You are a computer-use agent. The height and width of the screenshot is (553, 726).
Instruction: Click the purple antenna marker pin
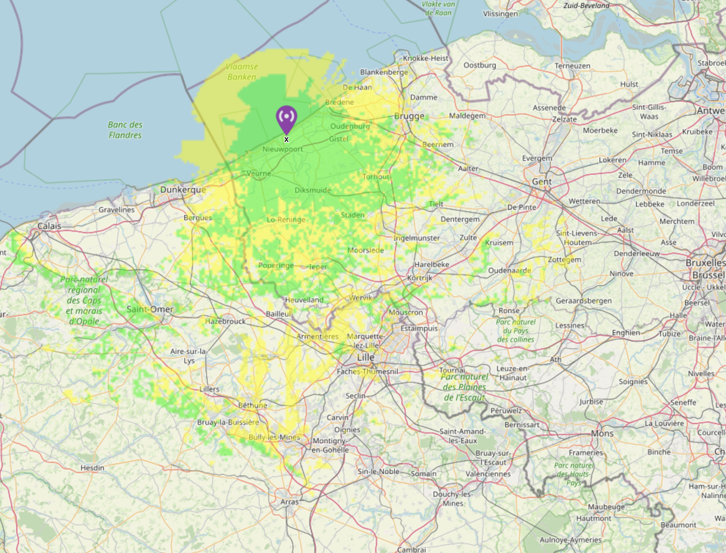point(286,118)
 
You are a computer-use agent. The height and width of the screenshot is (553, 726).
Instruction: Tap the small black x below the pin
point(286,139)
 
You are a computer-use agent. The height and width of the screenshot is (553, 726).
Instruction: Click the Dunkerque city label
point(183,189)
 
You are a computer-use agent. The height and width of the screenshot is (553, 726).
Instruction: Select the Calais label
point(49,226)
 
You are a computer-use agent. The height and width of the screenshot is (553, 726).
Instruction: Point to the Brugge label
point(409,116)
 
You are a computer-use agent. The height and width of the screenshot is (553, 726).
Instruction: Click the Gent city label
point(542,181)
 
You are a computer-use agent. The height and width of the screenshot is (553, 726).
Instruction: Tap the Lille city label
point(366,357)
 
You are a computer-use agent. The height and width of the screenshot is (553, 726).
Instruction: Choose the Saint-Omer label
point(150,309)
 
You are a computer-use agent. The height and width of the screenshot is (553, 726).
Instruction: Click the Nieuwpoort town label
point(283,149)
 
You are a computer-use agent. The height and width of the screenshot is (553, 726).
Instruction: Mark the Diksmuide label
point(313,190)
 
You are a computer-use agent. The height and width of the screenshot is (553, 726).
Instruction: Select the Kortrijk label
point(420,278)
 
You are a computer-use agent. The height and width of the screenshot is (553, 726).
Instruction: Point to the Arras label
point(290,502)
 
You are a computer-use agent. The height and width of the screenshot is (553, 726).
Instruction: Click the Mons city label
point(602,433)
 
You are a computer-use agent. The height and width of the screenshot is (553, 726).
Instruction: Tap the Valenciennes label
point(488,474)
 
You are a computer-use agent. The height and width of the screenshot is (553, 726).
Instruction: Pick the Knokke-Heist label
point(426,58)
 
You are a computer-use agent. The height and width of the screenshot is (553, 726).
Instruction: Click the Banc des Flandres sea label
point(125,130)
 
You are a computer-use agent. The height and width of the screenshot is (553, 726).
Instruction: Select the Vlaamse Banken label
point(242,72)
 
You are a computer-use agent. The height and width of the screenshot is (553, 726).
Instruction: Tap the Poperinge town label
point(276,265)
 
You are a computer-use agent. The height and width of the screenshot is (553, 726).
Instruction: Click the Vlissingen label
point(500,14)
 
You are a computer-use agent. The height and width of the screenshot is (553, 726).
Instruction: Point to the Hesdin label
point(92,468)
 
